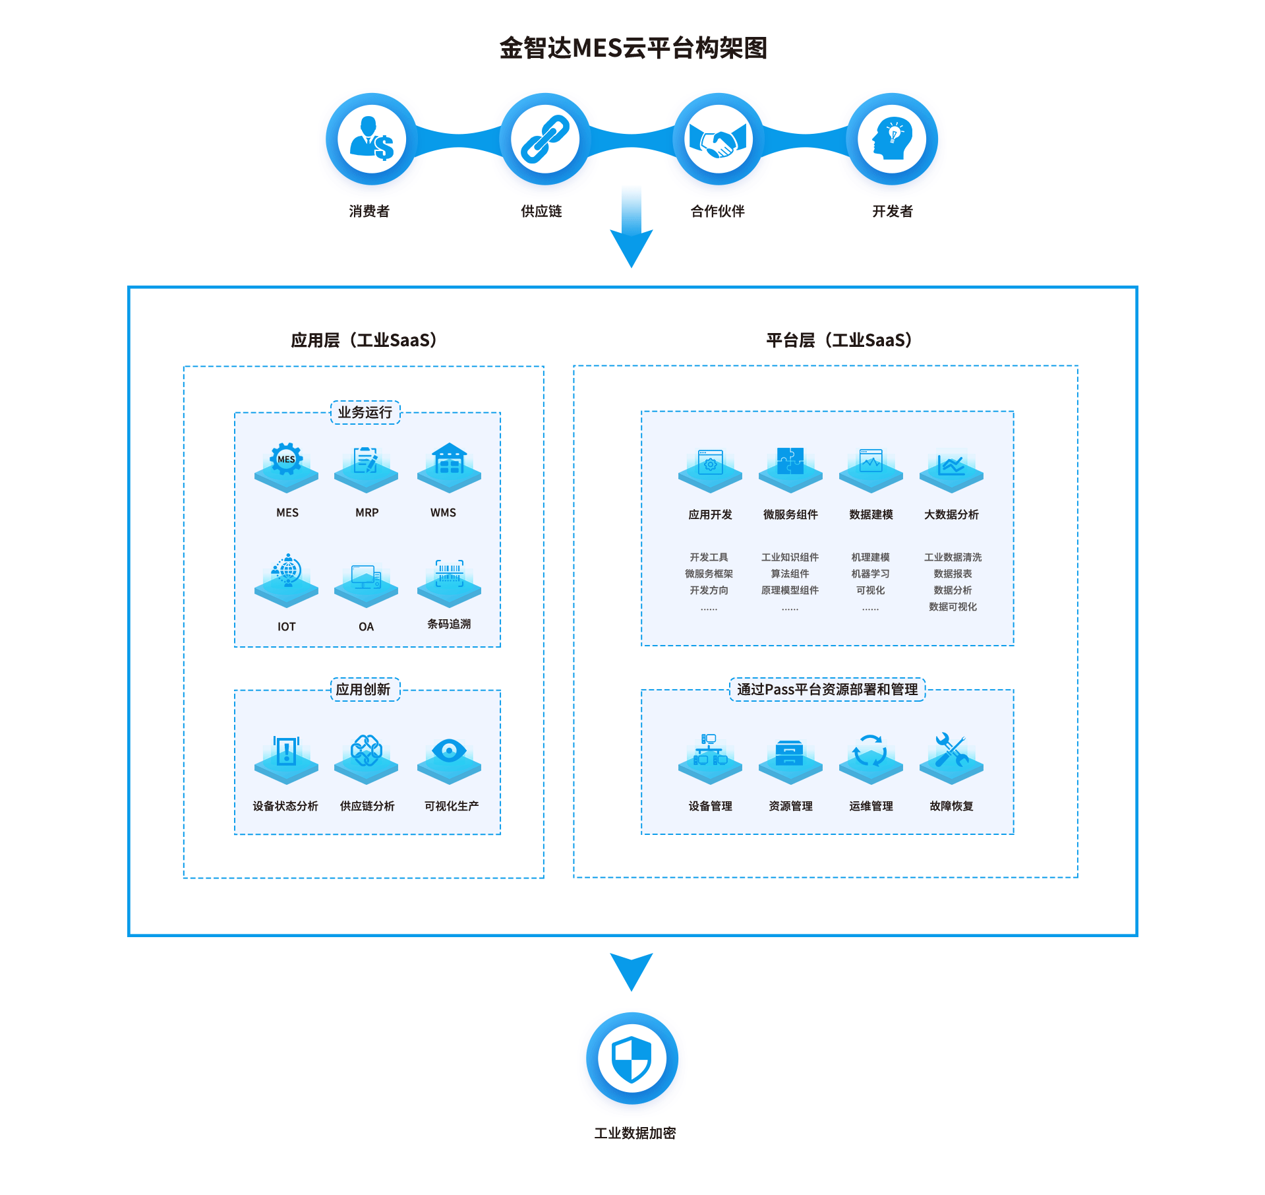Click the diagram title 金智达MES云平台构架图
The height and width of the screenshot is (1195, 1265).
(633, 48)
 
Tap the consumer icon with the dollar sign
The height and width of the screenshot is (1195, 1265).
(372, 138)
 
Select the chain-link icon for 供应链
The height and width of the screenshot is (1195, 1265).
(544, 138)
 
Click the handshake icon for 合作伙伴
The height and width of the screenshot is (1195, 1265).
(718, 138)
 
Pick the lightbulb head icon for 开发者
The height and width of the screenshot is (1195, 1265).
(892, 138)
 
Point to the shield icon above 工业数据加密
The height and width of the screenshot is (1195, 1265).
(632, 1058)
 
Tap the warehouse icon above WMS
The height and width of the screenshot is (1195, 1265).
(449, 459)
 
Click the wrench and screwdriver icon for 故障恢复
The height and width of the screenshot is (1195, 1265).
(951, 751)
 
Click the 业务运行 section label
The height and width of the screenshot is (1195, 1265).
(365, 412)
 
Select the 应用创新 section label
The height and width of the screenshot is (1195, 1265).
(363, 689)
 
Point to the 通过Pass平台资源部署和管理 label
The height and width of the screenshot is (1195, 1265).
(827, 689)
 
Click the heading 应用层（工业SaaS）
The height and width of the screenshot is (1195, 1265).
(364, 340)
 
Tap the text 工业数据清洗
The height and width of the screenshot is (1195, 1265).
(953, 557)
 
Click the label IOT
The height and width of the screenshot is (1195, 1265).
(286, 627)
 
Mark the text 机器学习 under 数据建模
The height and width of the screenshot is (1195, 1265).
(870, 574)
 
